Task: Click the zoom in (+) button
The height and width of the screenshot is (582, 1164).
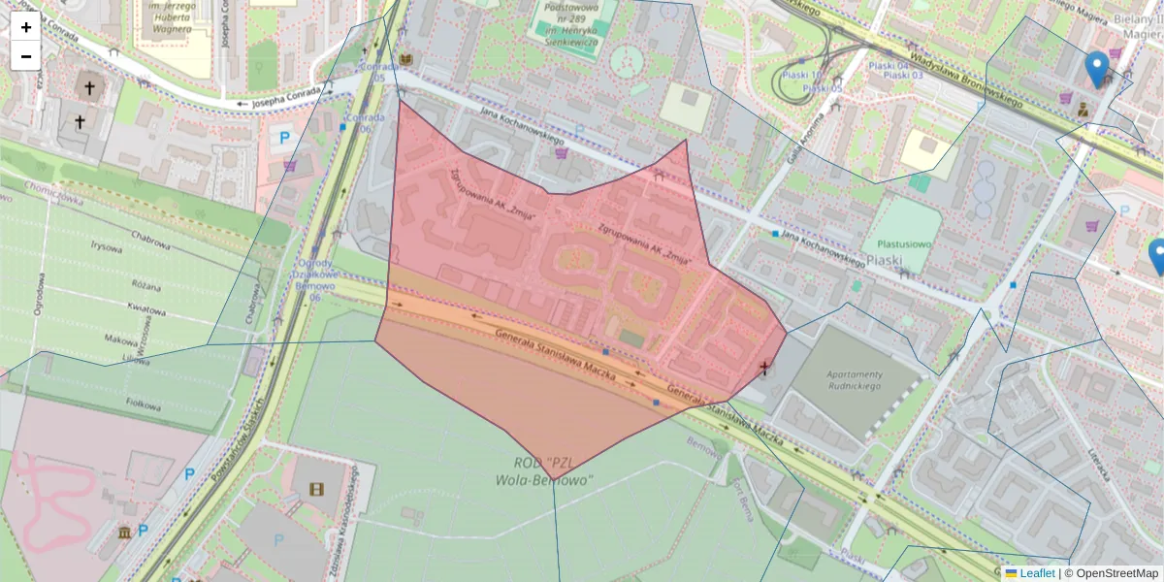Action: pos(25,27)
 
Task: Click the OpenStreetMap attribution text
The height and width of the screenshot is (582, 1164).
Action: pos(1115,573)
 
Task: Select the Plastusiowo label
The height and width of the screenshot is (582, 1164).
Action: pos(904,245)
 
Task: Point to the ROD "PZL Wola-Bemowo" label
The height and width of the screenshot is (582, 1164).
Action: pos(543,470)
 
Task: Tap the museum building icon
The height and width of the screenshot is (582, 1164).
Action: pos(125,533)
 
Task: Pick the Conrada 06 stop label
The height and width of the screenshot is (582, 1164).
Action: pos(357,122)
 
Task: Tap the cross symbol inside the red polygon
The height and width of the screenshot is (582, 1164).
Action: pos(765,368)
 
